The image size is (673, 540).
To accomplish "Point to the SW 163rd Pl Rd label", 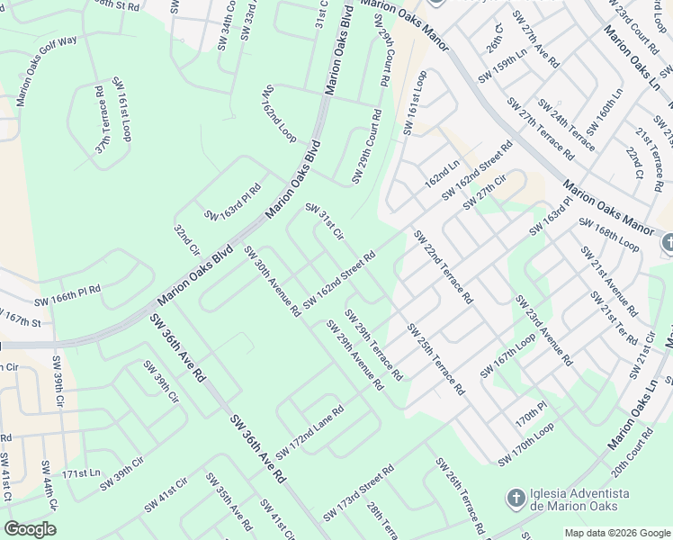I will click(233, 202).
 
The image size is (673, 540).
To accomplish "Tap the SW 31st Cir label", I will click(325, 221).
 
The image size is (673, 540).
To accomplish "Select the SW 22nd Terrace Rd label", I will click(443, 267).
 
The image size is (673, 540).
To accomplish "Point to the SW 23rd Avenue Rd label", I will click(543, 328).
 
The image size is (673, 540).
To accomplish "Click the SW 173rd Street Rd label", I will click(358, 491).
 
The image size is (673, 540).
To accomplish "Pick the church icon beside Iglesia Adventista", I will click(516, 498).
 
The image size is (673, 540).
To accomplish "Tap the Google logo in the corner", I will click(30, 529).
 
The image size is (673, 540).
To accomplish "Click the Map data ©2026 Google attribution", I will click(617, 533).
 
